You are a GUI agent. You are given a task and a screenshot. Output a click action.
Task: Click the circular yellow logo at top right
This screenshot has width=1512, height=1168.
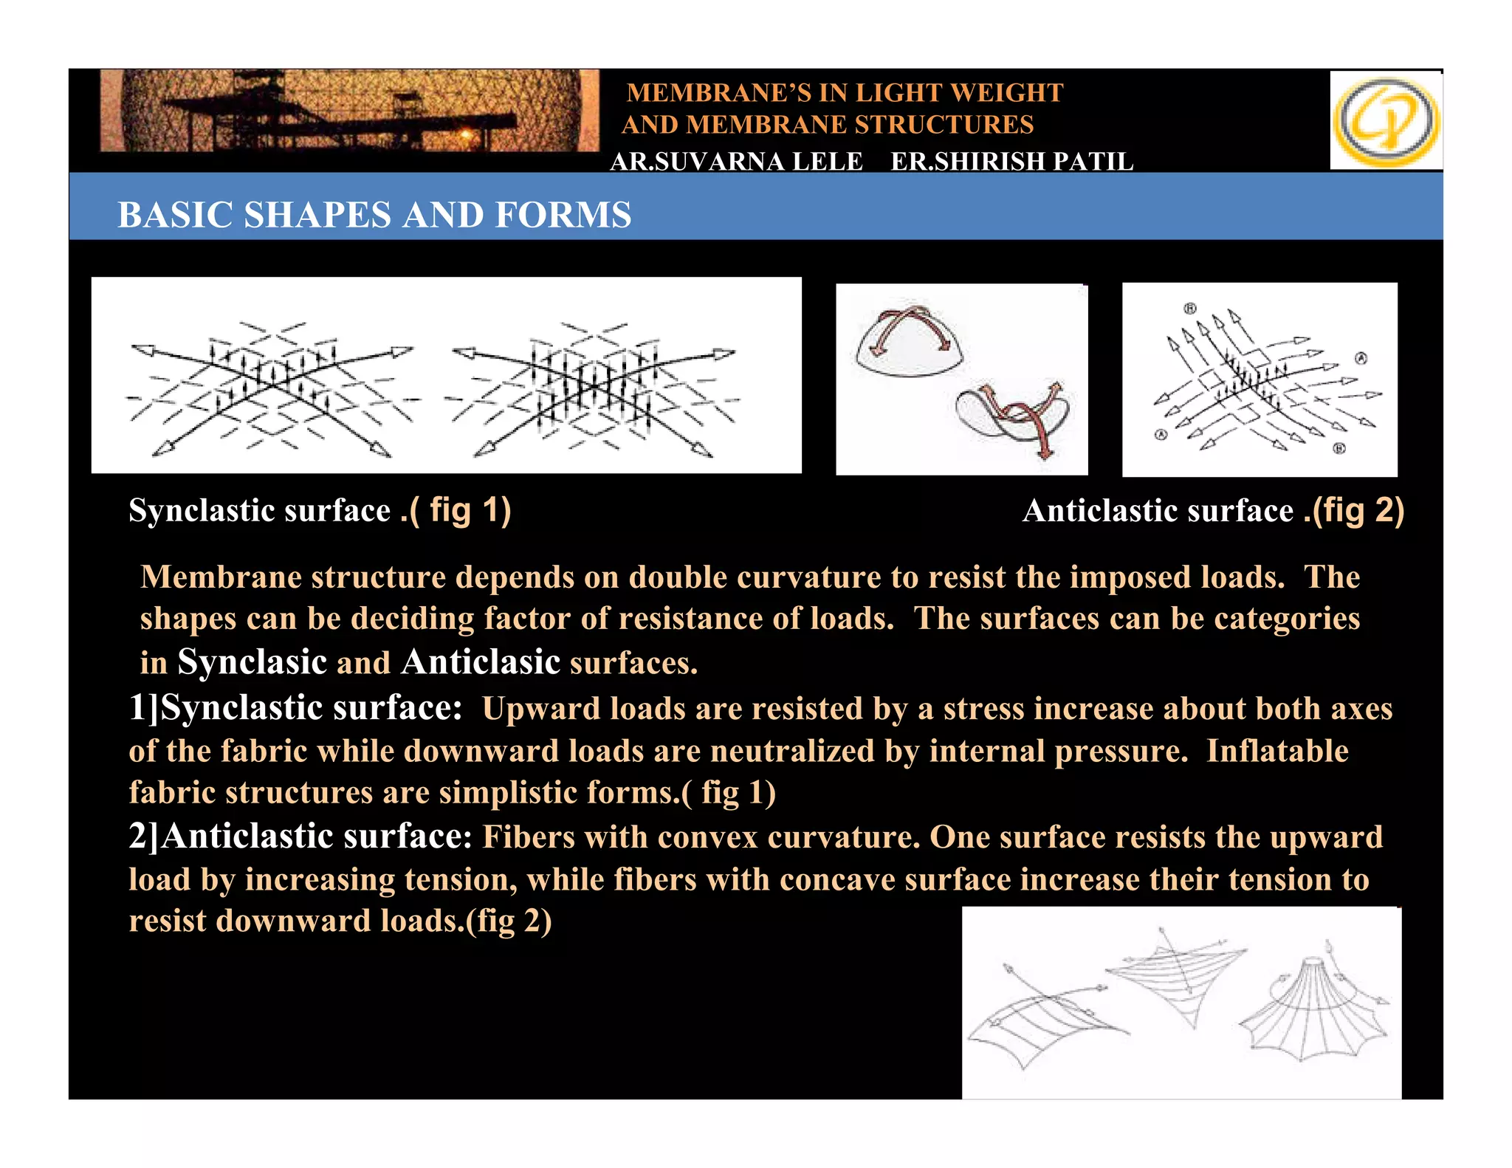click(1386, 121)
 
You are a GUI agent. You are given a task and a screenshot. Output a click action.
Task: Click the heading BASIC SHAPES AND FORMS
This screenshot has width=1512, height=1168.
click(374, 215)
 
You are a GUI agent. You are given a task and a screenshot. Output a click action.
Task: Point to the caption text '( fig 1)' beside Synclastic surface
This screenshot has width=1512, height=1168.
click(460, 510)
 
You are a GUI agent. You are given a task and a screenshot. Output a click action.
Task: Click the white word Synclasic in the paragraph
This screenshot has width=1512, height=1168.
click(252, 662)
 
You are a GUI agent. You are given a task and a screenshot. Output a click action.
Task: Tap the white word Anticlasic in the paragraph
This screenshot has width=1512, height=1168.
click(481, 662)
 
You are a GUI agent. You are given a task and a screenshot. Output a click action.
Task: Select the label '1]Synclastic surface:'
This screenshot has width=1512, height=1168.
click(295, 707)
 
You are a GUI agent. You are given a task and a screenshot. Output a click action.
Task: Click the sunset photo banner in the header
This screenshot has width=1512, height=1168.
click(349, 111)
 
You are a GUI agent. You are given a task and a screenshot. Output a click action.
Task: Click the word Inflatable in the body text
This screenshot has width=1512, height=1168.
click(1277, 751)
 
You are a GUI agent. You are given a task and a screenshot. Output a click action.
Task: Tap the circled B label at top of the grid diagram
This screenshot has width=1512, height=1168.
click(1190, 308)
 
